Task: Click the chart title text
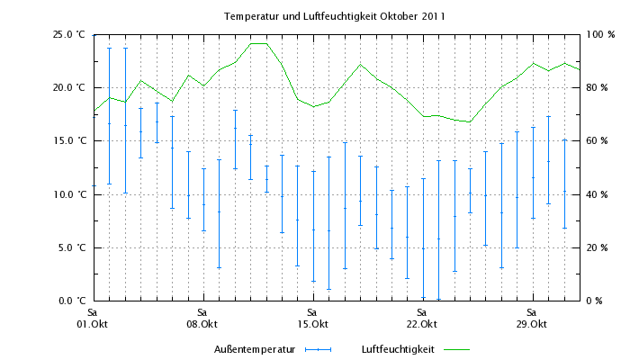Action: pos(335,16)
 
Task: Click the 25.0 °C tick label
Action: pos(68,35)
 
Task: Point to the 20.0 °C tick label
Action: pos(68,88)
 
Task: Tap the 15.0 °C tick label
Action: pos(68,141)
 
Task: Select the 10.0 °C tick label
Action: pos(68,194)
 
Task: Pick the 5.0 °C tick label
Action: pos(71,247)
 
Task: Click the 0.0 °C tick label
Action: pos(71,301)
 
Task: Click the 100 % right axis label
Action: pos(600,35)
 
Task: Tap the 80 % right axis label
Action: pos(598,88)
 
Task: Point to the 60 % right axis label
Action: pos(598,141)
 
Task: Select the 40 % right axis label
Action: pos(598,194)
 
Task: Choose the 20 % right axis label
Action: pos(598,247)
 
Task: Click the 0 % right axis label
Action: pos(595,301)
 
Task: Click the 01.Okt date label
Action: pos(93,324)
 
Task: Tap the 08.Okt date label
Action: pos(202,324)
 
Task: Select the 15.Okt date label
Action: pos(312,324)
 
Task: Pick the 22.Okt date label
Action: pos(422,324)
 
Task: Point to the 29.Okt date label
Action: pos(532,324)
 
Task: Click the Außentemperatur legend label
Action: pos(255,348)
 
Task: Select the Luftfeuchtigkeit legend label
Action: pos(398,348)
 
